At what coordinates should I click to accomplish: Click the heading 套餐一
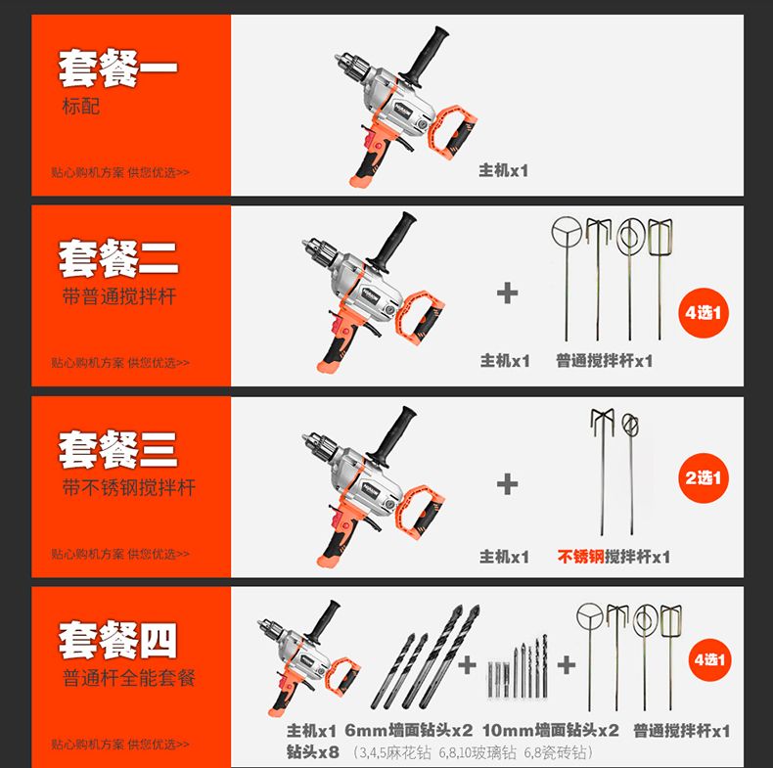(x=117, y=68)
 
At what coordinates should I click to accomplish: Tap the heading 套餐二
(x=118, y=259)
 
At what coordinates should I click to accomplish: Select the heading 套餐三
(x=117, y=450)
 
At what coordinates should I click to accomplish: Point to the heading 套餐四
(x=117, y=640)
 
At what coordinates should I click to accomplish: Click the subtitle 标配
(x=81, y=107)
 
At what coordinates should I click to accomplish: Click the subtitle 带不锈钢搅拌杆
(x=129, y=487)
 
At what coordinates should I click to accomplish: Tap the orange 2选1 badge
(x=704, y=477)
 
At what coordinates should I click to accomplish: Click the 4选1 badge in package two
(x=704, y=312)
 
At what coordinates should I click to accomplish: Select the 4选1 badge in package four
(x=710, y=659)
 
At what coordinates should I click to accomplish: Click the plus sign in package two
(x=507, y=293)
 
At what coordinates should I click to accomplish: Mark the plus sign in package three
(x=507, y=484)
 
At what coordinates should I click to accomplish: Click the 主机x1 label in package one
(x=503, y=170)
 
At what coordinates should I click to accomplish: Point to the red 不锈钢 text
(x=581, y=557)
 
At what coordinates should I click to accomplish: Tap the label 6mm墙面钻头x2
(x=409, y=730)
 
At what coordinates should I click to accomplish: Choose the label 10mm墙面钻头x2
(x=551, y=730)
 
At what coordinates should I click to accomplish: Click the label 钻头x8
(x=312, y=751)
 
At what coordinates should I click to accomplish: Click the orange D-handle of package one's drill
(x=453, y=132)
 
